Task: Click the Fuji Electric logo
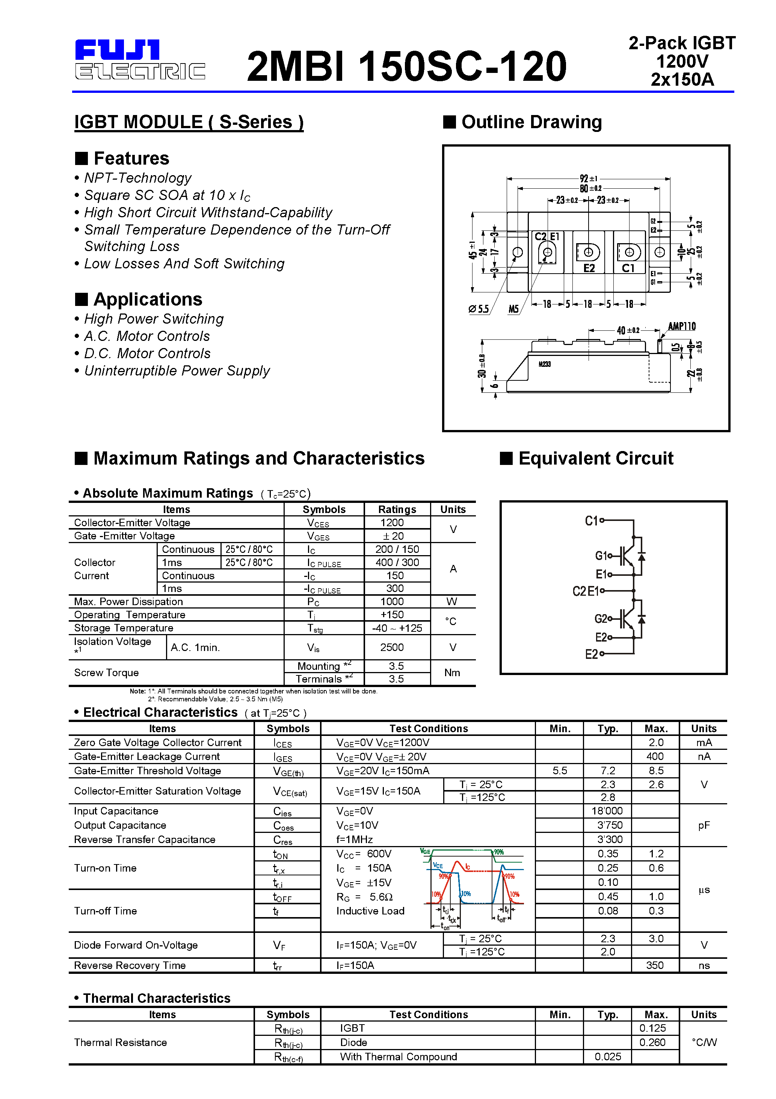click(x=139, y=60)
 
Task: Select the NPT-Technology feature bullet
click(x=137, y=178)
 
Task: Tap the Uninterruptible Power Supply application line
click(x=177, y=371)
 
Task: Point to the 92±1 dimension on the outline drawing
click(x=589, y=179)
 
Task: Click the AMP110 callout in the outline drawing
click(x=681, y=327)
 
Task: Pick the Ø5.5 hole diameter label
click(x=479, y=309)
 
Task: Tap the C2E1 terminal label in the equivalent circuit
click(x=586, y=591)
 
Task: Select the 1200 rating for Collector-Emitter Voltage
click(x=392, y=523)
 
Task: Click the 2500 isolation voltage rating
click(x=392, y=647)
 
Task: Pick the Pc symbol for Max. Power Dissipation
click(x=313, y=602)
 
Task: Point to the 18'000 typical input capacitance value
click(x=607, y=811)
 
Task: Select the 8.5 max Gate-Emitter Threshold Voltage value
click(x=655, y=771)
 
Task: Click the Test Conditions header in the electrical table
click(x=428, y=728)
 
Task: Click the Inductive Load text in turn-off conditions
click(x=370, y=911)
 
